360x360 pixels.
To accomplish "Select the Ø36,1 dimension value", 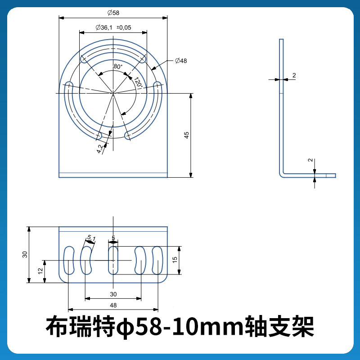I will tap(104, 27).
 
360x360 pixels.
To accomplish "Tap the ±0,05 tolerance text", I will tap(124, 27).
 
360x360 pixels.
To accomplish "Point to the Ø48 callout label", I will tap(181, 60).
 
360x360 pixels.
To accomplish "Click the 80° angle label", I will tap(118, 66).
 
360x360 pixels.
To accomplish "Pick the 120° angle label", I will tap(138, 82).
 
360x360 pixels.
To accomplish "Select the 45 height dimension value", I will tap(186, 135).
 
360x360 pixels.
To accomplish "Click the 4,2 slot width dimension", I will tap(100, 149).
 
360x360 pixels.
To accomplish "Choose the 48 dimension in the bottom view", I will tap(113, 305).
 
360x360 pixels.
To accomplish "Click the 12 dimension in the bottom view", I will tap(40, 271).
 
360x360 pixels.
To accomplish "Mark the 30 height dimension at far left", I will tap(25, 254).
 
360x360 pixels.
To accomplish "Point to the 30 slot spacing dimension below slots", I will tap(113, 294).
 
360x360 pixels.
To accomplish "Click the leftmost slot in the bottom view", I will tap(69, 260).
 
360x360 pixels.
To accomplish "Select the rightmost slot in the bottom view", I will tap(157, 260).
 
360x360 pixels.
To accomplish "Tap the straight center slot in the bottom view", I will tap(113, 260).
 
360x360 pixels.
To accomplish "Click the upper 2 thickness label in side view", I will tap(294, 76).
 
